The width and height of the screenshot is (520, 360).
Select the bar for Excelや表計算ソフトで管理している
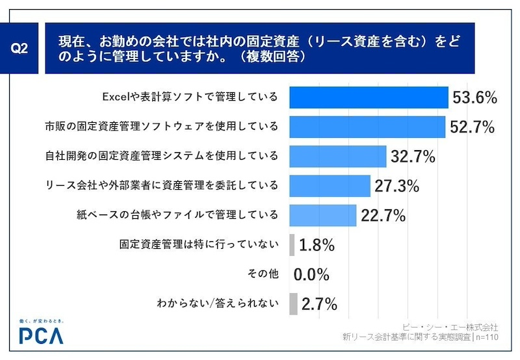point(369,97)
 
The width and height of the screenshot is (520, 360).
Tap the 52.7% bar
point(367,127)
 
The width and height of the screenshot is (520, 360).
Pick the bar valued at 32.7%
point(338,156)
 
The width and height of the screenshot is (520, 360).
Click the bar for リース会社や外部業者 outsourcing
point(330,186)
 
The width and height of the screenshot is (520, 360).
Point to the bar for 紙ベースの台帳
point(322,215)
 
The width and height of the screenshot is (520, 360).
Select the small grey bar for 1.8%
point(292,245)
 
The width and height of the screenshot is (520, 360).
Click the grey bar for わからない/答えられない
point(293,303)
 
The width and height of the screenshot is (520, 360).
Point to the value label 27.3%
point(396,186)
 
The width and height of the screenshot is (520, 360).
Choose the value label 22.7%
point(383,215)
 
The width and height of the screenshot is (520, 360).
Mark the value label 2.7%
point(318,303)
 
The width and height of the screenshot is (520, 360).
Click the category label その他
point(263,274)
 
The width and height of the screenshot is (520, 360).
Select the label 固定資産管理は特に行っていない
point(199,245)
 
